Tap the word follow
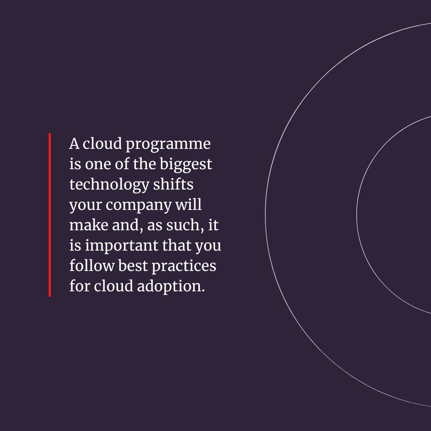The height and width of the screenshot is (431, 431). pyautogui.click(x=92, y=266)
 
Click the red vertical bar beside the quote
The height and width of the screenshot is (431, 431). pyautogui.click(x=50, y=215)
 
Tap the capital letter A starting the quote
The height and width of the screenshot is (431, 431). pyautogui.click(x=74, y=144)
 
